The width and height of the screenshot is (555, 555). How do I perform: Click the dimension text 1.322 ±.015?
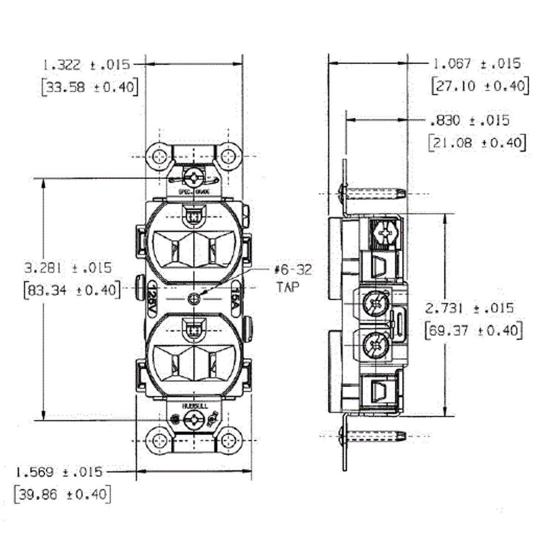pos(86,64)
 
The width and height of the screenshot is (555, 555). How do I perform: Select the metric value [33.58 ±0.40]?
pos(90,87)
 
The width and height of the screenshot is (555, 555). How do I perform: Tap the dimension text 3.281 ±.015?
pos(68,268)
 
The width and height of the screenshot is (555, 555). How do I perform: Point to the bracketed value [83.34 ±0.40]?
pos(72,290)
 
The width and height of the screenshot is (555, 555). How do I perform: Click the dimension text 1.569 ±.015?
pos(59,472)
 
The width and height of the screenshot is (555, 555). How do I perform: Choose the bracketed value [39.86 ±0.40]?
pos(62,494)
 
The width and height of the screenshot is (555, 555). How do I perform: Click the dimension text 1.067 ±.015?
pos(476,63)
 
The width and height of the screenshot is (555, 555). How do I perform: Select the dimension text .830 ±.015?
pos(469,121)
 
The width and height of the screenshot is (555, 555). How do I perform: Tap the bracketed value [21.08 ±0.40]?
pos(477,142)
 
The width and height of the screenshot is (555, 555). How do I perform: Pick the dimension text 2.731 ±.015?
pos(469,308)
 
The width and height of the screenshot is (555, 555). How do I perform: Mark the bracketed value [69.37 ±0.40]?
pos(474,331)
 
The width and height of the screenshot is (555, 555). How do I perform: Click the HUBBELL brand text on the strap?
pos(194,406)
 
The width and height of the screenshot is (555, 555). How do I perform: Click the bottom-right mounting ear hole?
pos(229,440)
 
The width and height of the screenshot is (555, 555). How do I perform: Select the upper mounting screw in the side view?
pos(372,192)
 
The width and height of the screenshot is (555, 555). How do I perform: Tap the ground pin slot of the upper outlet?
pos(194,216)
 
